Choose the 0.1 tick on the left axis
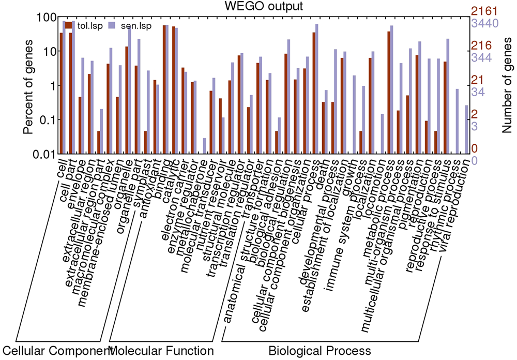[42, 120]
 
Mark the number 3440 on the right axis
[484, 23]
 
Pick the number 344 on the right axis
[481, 57]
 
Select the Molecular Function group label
[162, 350]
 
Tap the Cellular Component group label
[57, 350]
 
